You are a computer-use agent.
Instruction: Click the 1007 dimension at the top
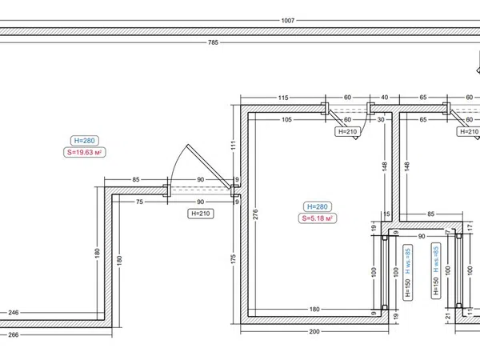point(288,21)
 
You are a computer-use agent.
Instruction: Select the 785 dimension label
point(213,42)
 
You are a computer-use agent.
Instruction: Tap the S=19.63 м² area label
point(85,152)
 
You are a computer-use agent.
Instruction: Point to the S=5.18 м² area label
point(318,218)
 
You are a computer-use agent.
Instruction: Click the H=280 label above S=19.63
point(85,141)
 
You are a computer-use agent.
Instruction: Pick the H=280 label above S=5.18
point(318,206)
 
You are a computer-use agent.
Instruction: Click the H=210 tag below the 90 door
point(201,214)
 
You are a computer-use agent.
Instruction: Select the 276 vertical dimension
point(256,214)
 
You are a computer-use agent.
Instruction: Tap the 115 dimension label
point(283,98)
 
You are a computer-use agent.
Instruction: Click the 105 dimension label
point(286,120)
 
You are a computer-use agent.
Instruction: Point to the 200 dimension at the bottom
point(314,331)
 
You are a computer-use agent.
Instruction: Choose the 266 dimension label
point(14,334)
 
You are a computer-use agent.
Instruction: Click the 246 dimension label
point(14,313)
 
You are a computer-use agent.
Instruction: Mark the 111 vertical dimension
point(234,145)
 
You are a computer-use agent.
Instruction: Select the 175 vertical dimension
point(234,259)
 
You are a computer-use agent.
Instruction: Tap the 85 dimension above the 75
point(136,179)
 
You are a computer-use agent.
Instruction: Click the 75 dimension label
point(139,202)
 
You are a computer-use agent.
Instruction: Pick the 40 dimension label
point(385,98)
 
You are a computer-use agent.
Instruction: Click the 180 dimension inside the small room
point(314,309)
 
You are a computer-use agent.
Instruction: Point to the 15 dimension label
point(386,214)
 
